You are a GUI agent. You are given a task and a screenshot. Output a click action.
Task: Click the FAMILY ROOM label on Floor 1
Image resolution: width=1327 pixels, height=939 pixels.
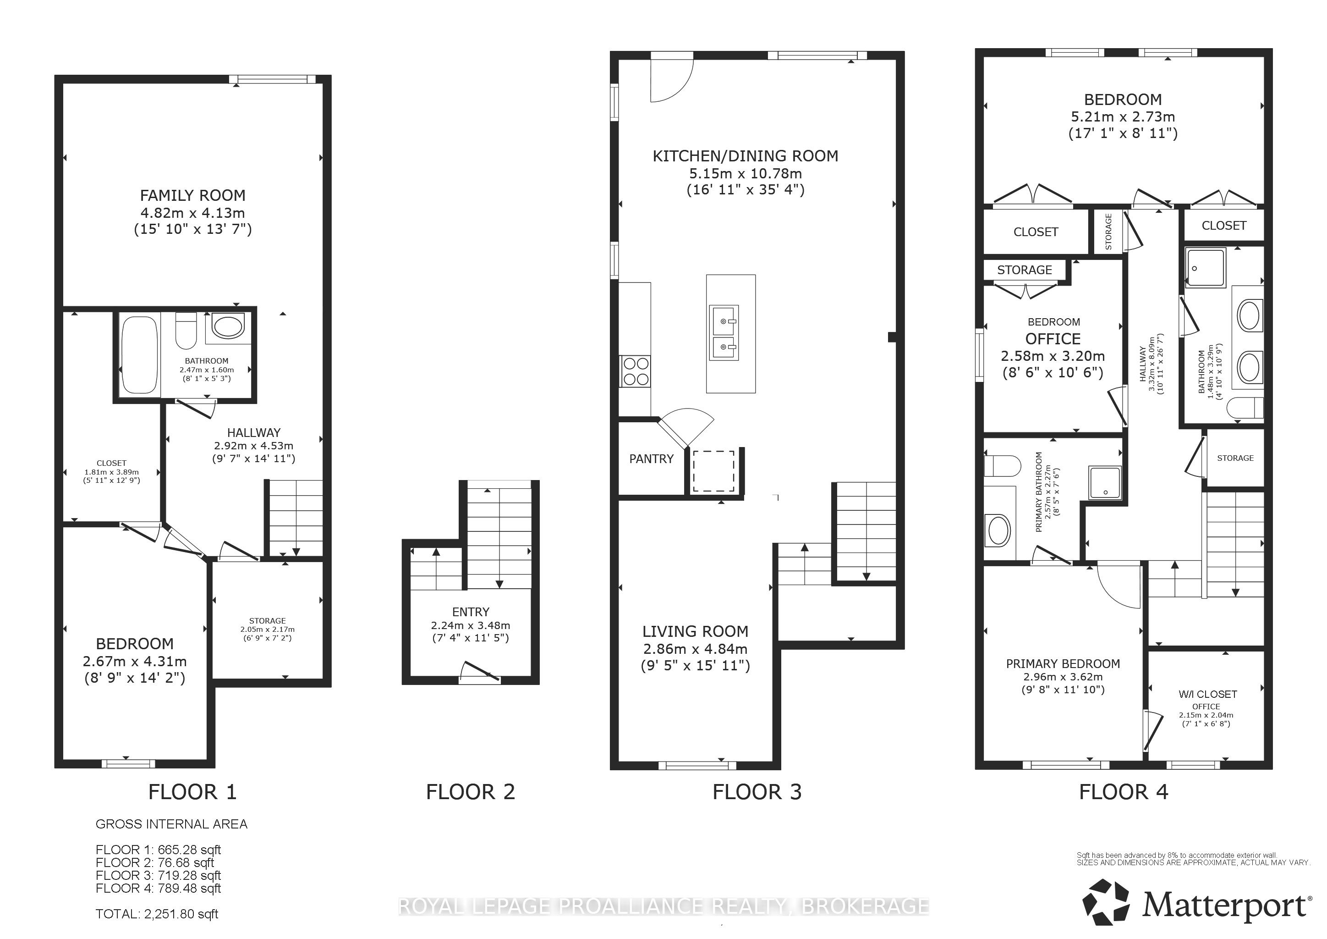192,195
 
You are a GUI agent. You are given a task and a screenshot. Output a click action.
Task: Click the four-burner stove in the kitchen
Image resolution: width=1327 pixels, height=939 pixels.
635,370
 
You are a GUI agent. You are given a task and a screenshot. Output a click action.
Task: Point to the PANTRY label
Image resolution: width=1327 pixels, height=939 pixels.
652,458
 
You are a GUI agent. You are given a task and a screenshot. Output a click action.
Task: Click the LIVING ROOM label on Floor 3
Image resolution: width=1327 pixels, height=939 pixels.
695,631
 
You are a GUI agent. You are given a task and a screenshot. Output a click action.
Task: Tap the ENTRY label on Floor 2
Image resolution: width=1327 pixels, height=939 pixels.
471,612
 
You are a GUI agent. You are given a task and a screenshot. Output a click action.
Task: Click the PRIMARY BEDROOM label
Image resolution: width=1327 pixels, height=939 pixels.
1063,664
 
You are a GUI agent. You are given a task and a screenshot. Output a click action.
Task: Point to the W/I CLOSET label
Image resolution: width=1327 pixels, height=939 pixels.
1208,694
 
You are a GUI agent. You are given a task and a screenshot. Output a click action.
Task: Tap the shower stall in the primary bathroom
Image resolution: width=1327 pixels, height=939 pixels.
1106,482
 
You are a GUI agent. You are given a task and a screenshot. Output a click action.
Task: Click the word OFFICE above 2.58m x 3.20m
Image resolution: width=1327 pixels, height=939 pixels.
1053,339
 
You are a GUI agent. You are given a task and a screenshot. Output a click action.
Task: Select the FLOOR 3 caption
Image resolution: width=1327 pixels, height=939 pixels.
757,792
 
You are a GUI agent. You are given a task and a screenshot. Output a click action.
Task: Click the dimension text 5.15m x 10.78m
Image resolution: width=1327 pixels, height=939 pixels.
746,173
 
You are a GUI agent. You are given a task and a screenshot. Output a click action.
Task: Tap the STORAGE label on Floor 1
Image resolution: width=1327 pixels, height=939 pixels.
268,620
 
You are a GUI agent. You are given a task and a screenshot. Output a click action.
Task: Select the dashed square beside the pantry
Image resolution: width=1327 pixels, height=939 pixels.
714,471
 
